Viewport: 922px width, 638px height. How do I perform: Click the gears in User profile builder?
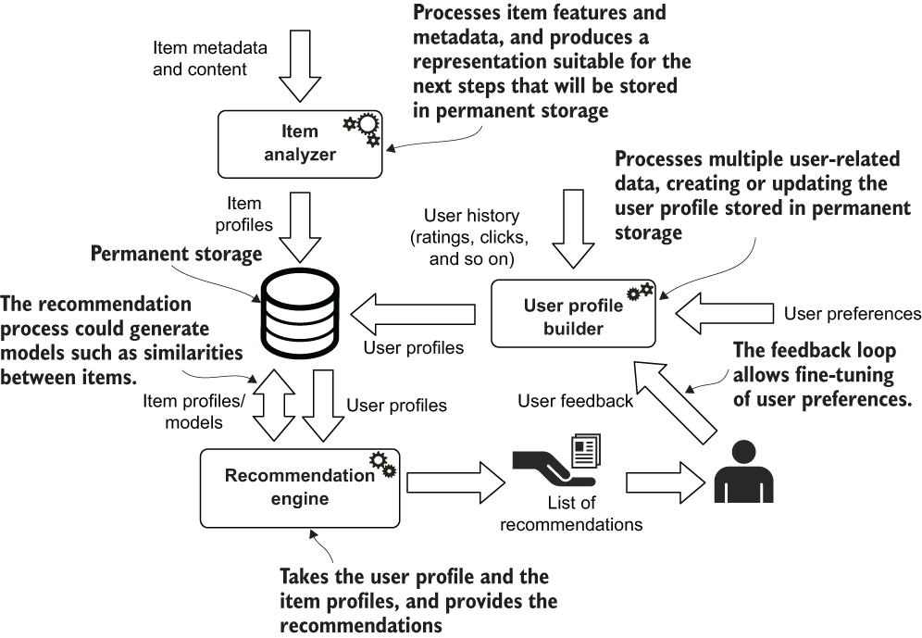point(640,293)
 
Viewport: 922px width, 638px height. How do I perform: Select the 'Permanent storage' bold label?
point(176,253)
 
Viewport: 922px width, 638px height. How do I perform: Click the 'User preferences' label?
point(852,314)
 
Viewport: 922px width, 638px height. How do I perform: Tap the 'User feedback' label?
point(575,401)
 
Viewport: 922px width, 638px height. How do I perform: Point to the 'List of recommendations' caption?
point(570,514)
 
